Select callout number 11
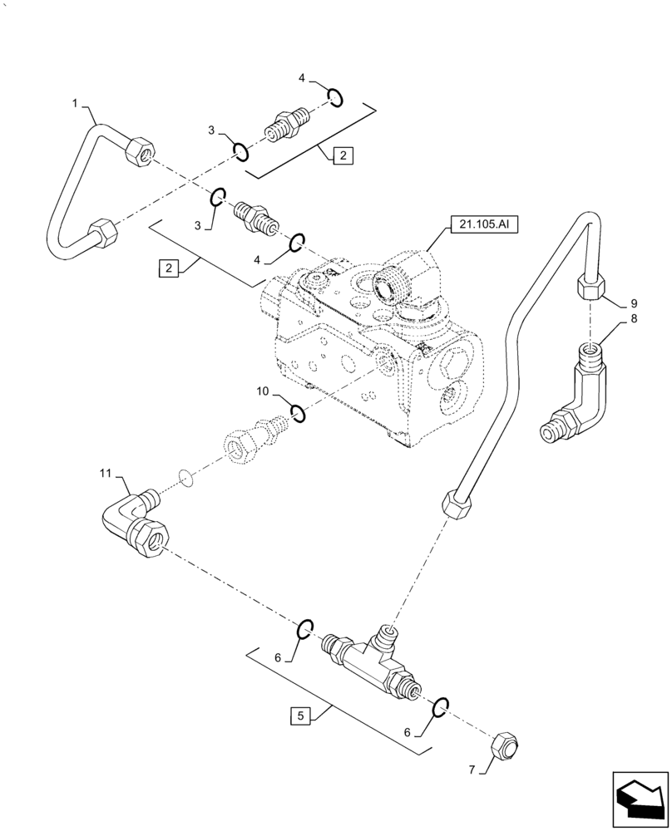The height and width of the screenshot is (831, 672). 105,475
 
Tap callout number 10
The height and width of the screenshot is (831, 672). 262,390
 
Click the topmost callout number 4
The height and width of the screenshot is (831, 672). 303,78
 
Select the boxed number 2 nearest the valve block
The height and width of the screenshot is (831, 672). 170,268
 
